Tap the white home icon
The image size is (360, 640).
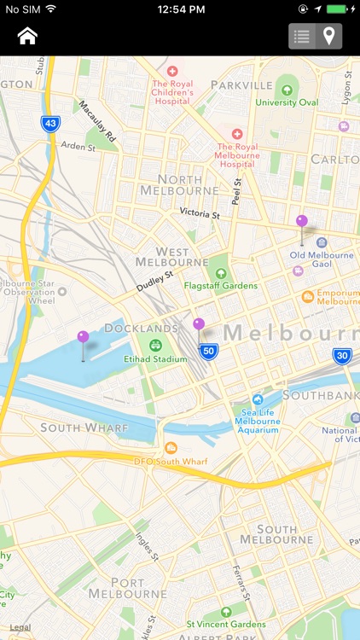point(27,36)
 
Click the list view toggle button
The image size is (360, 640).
point(301,36)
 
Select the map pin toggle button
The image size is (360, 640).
point(328,36)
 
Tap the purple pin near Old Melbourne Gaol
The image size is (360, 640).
point(302,222)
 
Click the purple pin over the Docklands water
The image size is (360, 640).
point(83,338)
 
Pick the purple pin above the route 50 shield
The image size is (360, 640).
point(199,324)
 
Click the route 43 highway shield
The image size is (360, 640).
point(51,124)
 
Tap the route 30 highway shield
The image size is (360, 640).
point(342,356)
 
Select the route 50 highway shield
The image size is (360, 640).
point(209,350)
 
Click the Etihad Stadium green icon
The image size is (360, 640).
point(155,346)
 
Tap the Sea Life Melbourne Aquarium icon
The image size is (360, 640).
point(258,399)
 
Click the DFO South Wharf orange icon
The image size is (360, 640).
point(171,448)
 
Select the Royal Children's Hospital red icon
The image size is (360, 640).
point(172,71)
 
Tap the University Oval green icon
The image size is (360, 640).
point(287,89)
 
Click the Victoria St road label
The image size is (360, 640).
point(200,212)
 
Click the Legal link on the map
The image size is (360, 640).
point(20,627)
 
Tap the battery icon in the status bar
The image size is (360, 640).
point(340,9)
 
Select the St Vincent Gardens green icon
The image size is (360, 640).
point(226,612)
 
